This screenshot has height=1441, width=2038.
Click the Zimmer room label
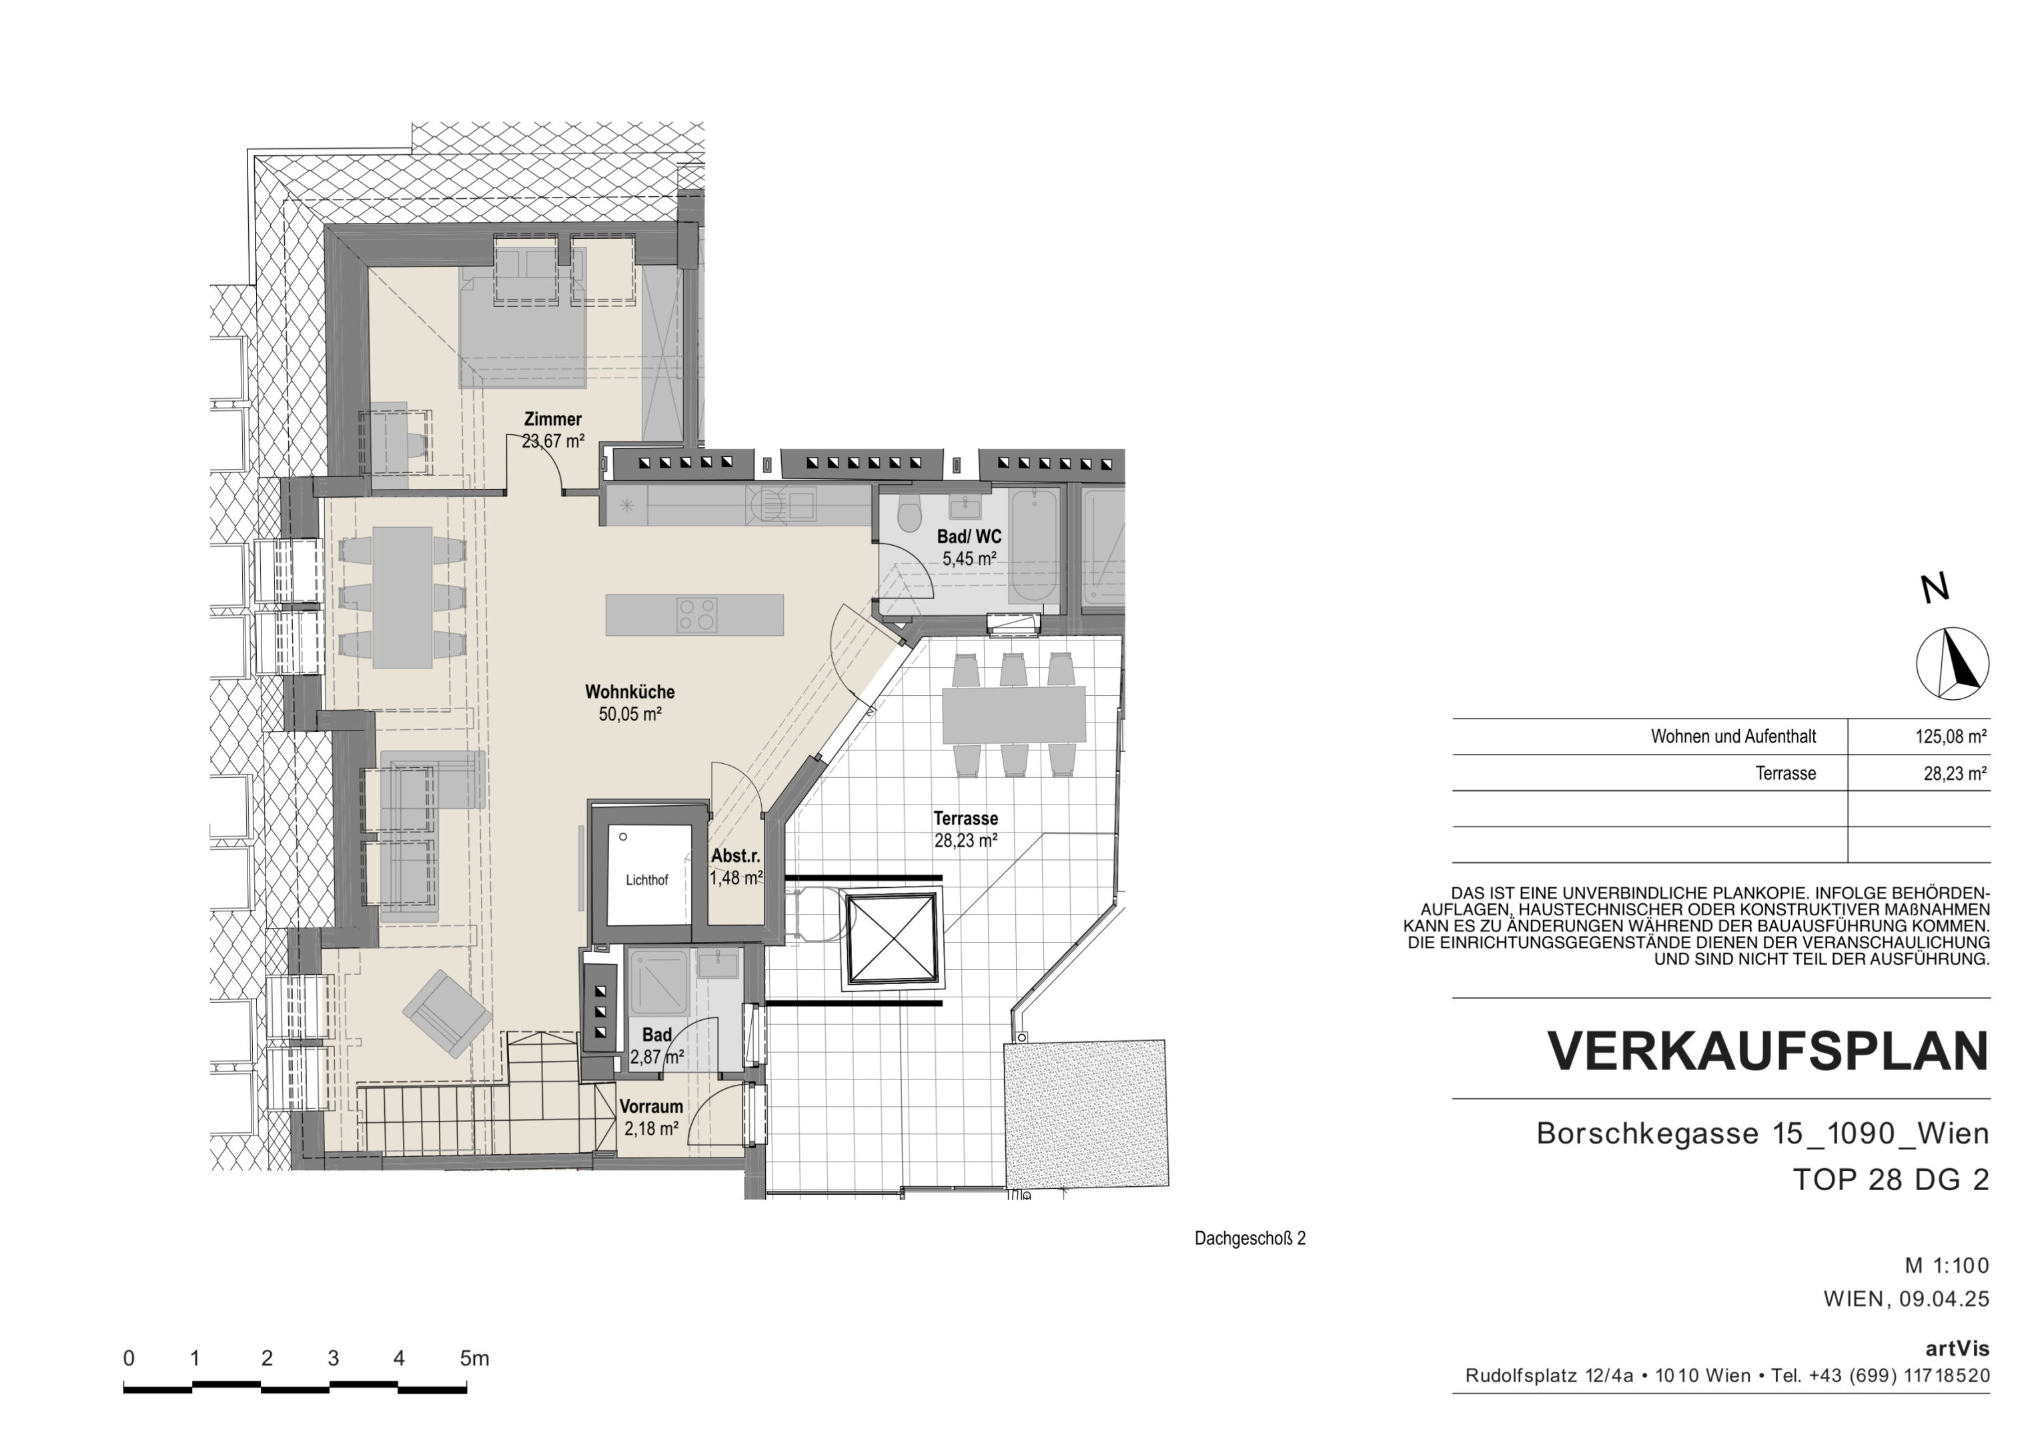pyautogui.click(x=552, y=419)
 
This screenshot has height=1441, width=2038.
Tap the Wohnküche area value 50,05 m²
pyautogui.click(x=630, y=714)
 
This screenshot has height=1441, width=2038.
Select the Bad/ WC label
pyautogui.click(x=969, y=536)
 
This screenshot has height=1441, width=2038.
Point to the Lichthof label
pyautogui.click(x=647, y=880)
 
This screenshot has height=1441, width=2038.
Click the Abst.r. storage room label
pyautogui.click(x=736, y=856)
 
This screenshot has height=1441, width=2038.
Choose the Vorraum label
pyautogui.click(x=652, y=1106)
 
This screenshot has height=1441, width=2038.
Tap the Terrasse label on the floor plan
pyautogui.click(x=966, y=819)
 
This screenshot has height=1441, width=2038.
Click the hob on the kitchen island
pyautogui.click(x=697, y=615)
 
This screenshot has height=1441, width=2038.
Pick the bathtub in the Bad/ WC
pyautogui.click(x=1034, y=545)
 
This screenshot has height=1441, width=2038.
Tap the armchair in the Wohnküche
pyautogui.click(x=448, y=1013)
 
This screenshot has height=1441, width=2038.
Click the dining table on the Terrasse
pyautogui.click(x=1014, y=714)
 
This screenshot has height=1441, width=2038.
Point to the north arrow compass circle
pyautogui.click(x=1952, y=663)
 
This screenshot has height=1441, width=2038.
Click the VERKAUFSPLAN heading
pyautogui.click(x=1768, y=1052)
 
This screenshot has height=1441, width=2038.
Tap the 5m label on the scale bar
pyautogui.click(x=474, y=1358)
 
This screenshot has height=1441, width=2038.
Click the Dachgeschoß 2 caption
pyautogui.click(x=1249, y=1239)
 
